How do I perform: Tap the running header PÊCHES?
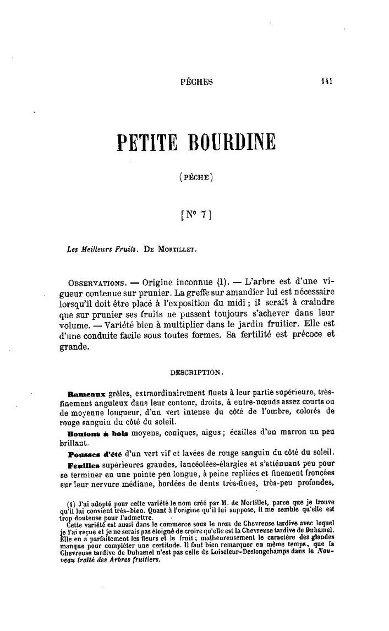[196, 82]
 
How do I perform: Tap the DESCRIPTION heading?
[196, 372]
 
